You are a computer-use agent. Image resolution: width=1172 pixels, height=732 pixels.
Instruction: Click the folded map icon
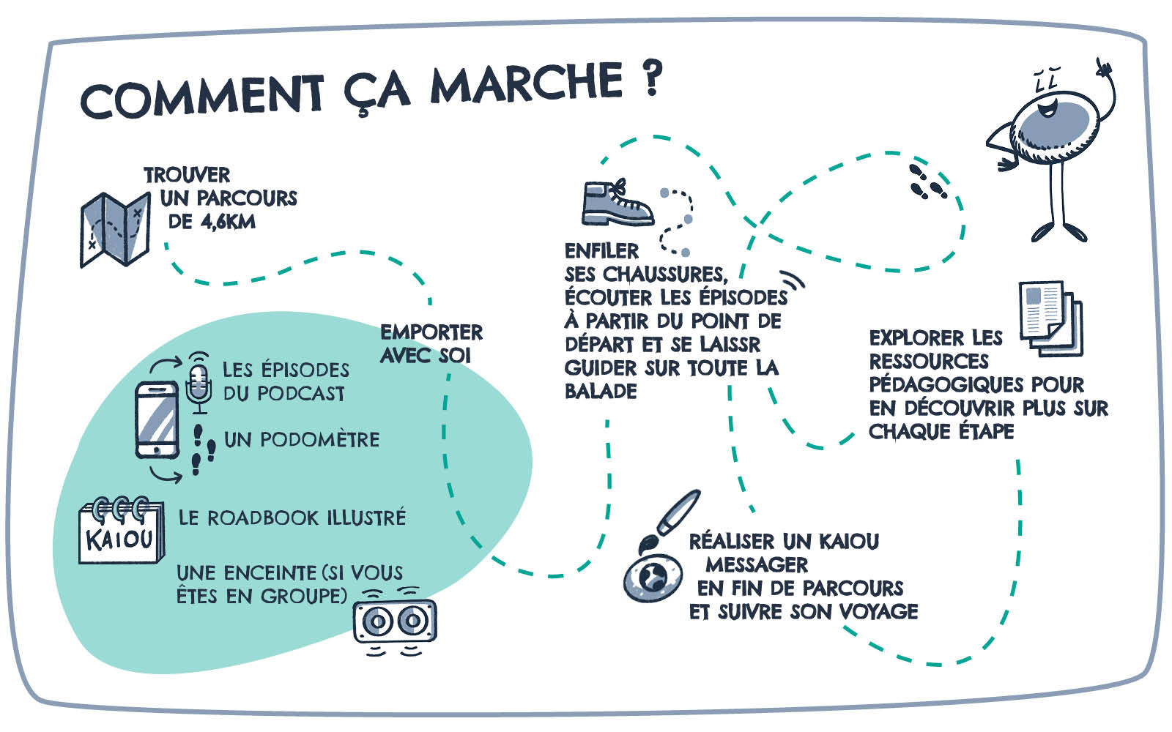(x=115, y=228)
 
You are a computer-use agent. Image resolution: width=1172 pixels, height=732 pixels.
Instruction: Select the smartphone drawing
(x=157, y=419)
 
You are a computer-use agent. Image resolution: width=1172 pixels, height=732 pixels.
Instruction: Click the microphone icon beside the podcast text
(x=198, y=383)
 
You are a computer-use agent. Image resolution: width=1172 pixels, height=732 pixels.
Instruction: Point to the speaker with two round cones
(x=395, y=621)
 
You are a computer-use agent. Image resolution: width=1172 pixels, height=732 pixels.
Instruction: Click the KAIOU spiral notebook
(x=121, y=532)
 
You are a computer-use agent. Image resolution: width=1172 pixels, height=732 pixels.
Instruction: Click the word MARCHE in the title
(x=526, y=83)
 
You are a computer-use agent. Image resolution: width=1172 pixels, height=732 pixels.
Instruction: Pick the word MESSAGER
(x=757, y=564)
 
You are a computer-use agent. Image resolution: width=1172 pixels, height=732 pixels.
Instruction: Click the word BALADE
(x=601, y=391)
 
